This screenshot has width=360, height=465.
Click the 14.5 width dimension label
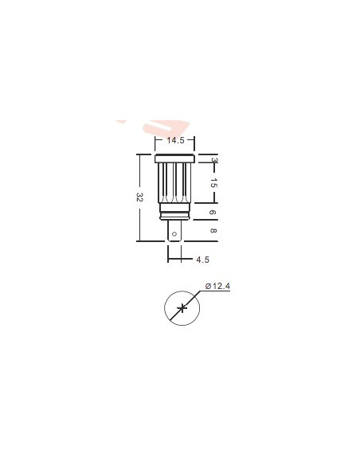pos(175,141)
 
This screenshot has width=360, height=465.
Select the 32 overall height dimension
pos(139,197)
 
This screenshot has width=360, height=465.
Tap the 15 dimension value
pos(213,182)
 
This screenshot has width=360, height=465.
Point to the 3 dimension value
pos(213,160)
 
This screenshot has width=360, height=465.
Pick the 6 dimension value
pos(213,213)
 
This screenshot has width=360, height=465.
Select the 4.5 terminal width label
pos(202,259)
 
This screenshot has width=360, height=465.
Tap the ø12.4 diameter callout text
pos(217,286)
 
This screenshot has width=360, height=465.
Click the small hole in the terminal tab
pos(175,234)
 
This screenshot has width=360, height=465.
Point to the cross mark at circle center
pos(182,308)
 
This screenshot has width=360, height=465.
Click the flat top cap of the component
pos(175,158)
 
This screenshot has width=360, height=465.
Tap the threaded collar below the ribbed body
pos(175,212)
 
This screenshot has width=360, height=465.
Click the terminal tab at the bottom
pos(175,230)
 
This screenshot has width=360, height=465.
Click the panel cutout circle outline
pos(165,308)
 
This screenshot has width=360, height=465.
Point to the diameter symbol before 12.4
pos(207,286)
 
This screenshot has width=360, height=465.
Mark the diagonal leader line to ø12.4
pos(194,298)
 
